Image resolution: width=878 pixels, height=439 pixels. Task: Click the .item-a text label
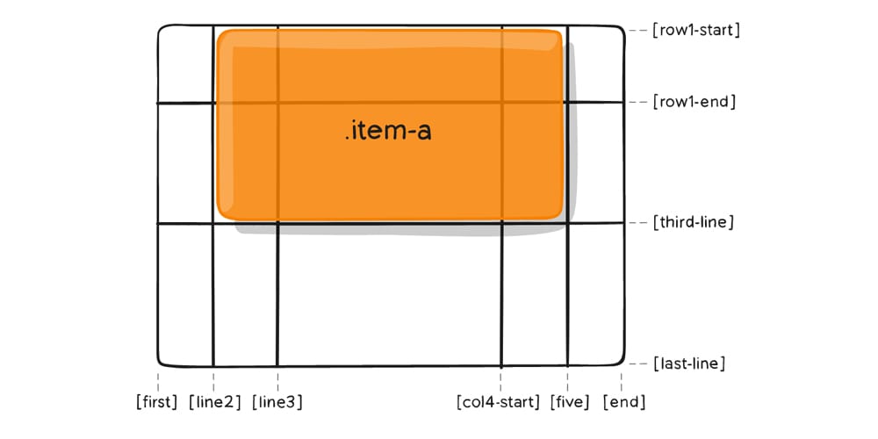click(x=388, y=133)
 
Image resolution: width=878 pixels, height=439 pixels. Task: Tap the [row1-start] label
click(x=696, y=31)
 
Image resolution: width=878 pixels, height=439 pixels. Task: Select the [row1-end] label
click(x=693, y=102)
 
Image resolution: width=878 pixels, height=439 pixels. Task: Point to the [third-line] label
click(x=692, y=222)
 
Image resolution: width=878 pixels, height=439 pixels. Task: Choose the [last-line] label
click(x=688, y=363)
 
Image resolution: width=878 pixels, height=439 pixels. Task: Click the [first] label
click(x=157, y=403)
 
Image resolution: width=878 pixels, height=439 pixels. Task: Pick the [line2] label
click(x=215, y=403)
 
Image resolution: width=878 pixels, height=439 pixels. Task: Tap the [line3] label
click(x=277, y=403)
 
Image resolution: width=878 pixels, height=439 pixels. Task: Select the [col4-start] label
click(x=498, y=403)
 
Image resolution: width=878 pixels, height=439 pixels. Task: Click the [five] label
click(x=569, y=403)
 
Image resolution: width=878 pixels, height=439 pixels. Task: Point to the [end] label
click(x=623, y=403)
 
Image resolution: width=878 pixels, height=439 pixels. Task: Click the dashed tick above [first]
click(x=158, y=379)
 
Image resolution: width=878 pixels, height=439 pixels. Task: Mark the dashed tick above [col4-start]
click(x=500, y=379)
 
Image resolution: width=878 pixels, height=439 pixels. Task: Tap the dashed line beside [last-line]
click(x=638, y=363)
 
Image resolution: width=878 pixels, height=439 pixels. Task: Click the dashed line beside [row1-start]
click(x=638, y=31)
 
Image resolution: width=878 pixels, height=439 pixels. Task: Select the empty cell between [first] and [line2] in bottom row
click(x=186, y=294)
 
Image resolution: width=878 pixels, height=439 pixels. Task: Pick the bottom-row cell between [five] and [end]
click(x=595, y=294)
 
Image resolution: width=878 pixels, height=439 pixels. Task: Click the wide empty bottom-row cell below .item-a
click(x=389, y=294)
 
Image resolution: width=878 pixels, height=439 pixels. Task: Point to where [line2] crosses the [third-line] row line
click(x=213, y=224)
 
